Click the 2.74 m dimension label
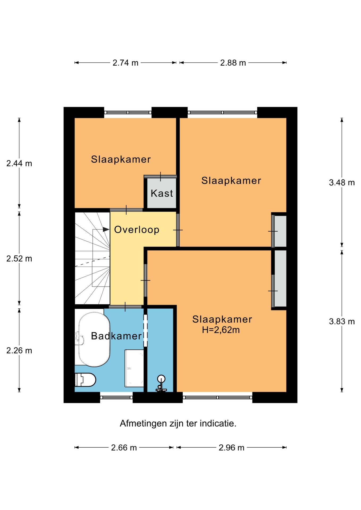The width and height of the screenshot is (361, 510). (x=125, y=63)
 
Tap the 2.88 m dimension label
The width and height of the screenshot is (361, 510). (x=233, y=63)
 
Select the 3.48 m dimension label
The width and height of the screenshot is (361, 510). (x=342, y=183)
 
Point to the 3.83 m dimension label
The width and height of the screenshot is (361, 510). (x=342, y=322)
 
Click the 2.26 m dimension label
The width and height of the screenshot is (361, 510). (x=19, y=351)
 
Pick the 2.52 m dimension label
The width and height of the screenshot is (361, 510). (x=19, y=259)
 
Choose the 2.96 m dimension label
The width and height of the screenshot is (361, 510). (x=231, y=448)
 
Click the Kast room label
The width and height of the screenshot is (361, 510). (x=162, y=193)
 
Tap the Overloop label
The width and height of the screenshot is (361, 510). (x=137, y=230)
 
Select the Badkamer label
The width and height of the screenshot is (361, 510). (x=116, y=336)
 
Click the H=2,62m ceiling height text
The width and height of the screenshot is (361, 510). (x=221, y=330)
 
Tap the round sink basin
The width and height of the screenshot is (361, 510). (x=161, y=379)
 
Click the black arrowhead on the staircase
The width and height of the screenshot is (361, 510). (x=106, y=229)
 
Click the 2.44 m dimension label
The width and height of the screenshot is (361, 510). (x=19, y=164)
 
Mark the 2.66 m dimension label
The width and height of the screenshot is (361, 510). (x=124, y=448)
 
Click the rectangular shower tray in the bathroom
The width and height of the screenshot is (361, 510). (x=134, y=368)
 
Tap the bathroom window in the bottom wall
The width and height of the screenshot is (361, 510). (x=116, y=398)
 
